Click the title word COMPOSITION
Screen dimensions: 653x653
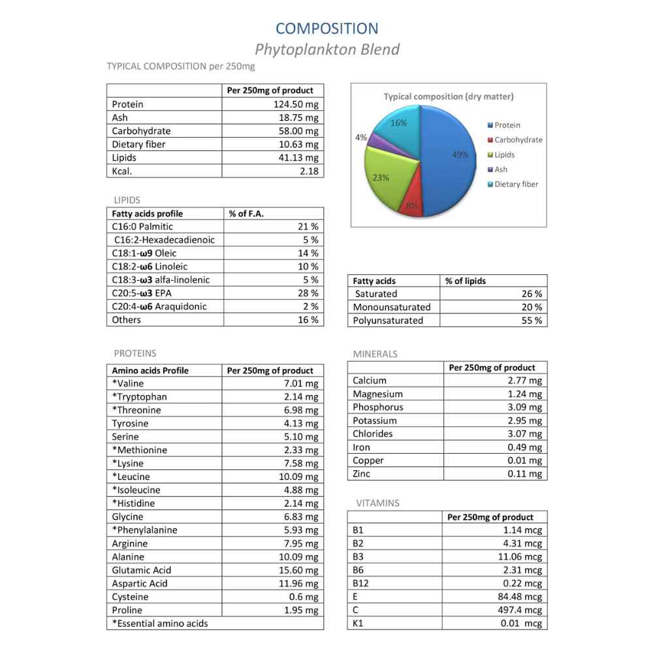click(x=326, y=29)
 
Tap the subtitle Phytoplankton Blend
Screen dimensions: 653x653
click(x=326, y=50)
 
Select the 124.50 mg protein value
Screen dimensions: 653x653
click(x=296, y=104)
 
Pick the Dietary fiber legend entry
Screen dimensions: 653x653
click(x=516, y=184)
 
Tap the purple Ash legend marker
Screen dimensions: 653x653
click(x=490, y=170)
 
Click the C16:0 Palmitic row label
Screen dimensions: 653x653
click(x=142, y=227)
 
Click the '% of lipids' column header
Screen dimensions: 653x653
click(x=466, y=281)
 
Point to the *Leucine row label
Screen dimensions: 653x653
click(x=131, y=477)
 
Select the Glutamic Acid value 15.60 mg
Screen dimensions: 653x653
click(x=298, y=570)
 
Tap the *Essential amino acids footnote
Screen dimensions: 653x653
click(x=160, y=624)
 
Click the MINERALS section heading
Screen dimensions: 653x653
click(x=375, y=354)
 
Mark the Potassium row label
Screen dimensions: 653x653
click(x=375, y=421)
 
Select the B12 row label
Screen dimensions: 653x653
click(x=360, y=583)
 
